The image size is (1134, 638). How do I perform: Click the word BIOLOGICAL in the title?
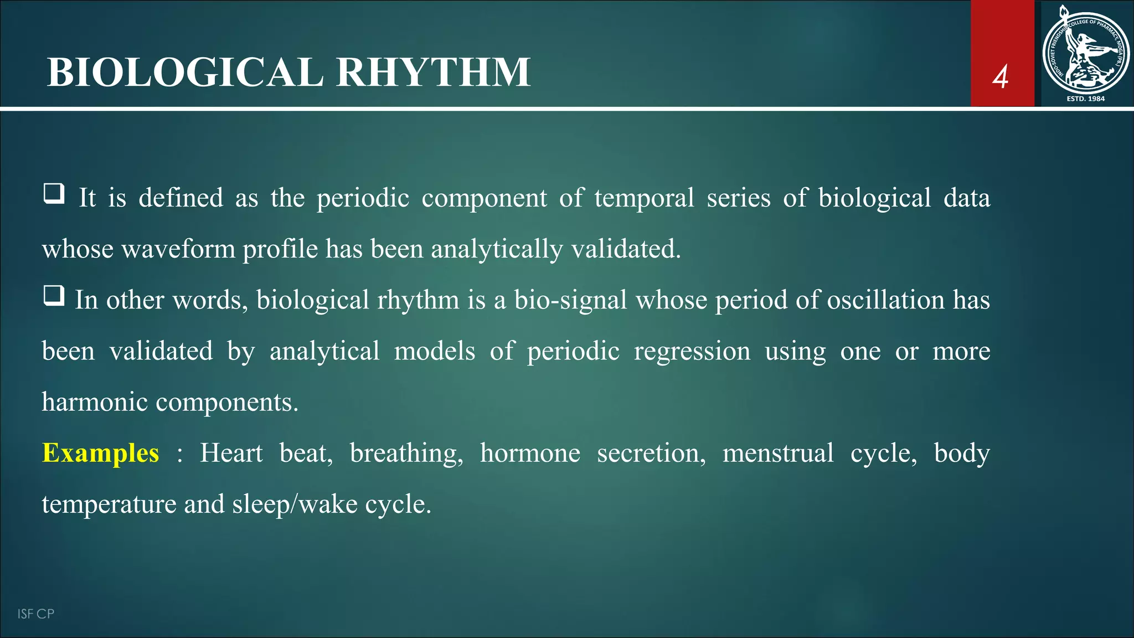185,73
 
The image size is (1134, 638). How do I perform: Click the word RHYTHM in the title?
433,73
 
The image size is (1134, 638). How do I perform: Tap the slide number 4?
1000,77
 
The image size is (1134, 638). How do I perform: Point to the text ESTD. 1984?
1085,99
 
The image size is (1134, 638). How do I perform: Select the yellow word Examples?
101,453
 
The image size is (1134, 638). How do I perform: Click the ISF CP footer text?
35,614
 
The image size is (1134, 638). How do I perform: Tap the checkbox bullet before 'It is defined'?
54,194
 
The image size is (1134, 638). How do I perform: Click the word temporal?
644,198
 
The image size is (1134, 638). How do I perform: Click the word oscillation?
885,300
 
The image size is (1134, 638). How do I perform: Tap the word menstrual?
777,453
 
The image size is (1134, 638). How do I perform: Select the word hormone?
530,453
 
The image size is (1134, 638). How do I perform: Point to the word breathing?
406,453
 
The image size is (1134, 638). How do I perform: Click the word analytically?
497,249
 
